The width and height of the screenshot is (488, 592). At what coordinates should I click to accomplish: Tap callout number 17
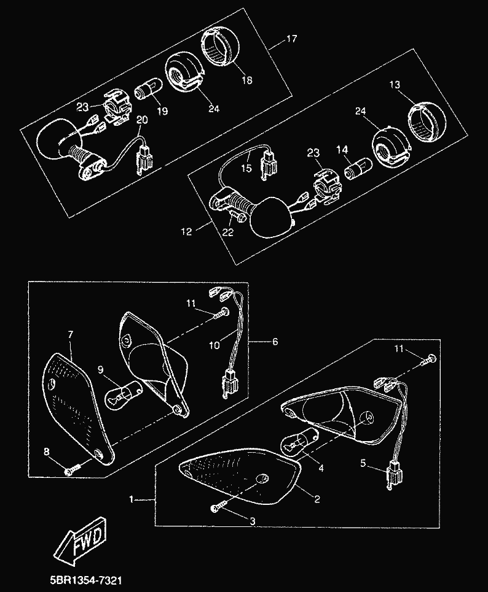[x=291, y=39]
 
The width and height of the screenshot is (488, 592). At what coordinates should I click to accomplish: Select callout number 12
[x=187, y=232]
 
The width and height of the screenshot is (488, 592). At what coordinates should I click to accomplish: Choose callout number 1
[x=132, y=499]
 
